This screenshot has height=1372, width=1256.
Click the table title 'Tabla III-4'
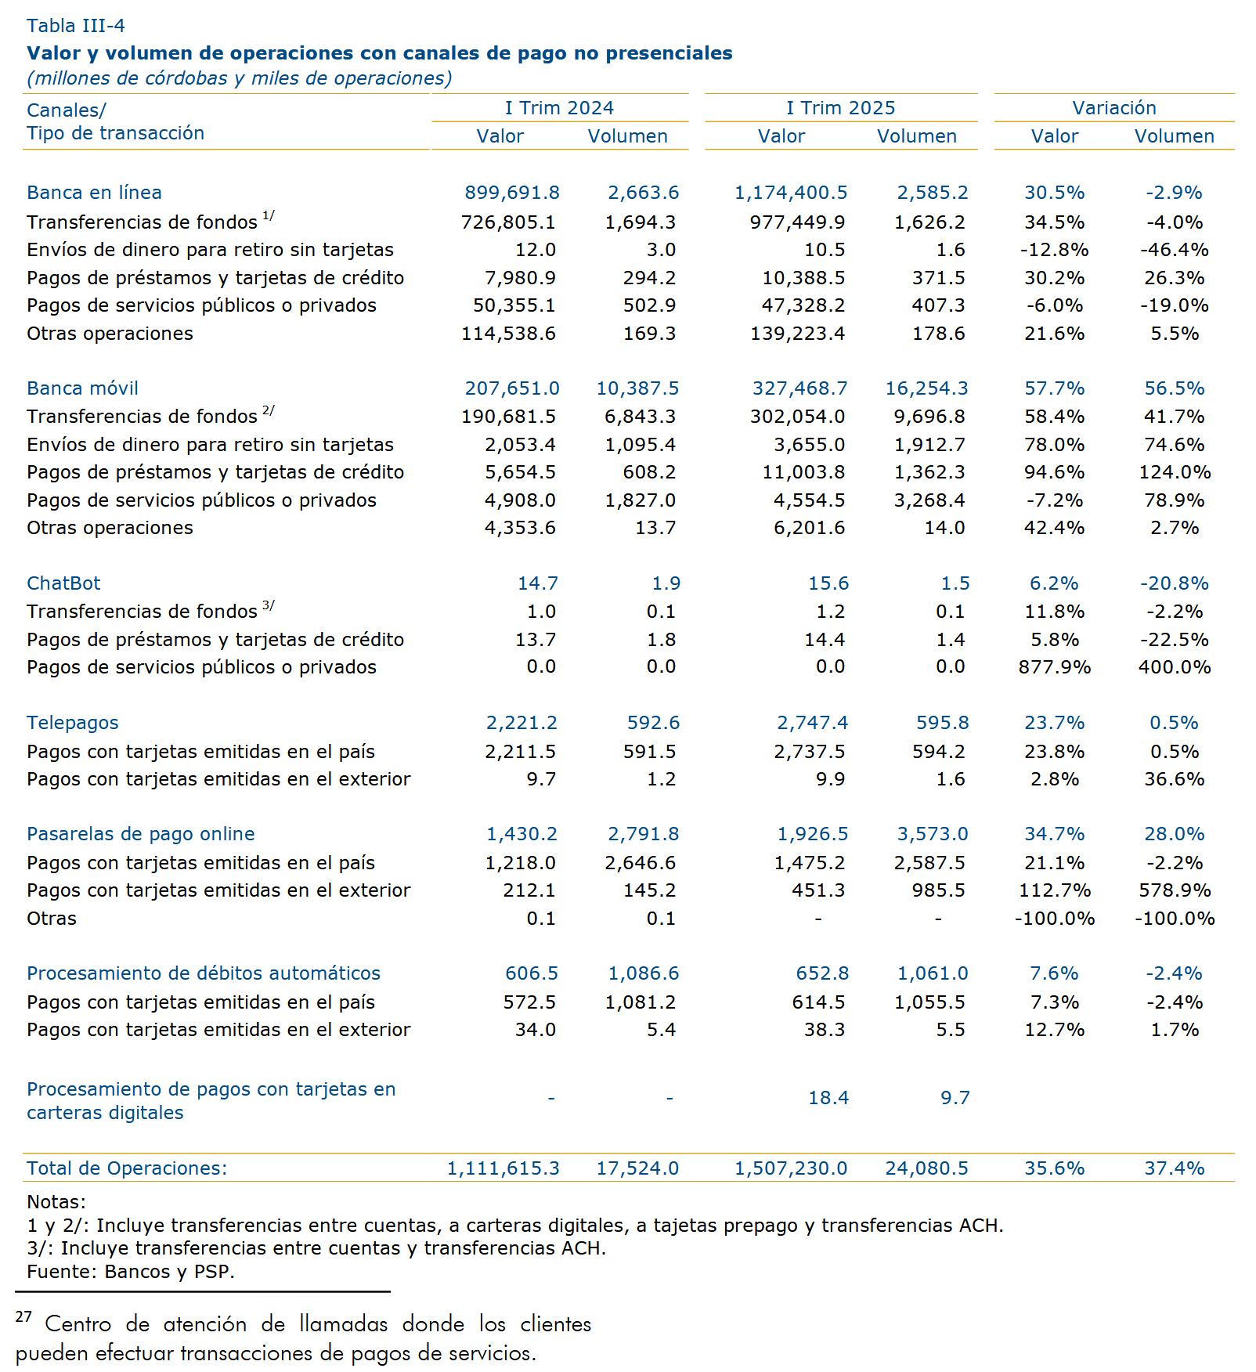(76, 26)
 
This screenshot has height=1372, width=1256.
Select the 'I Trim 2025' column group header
(841, 108)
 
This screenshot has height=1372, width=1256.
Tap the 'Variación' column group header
(1114, 108)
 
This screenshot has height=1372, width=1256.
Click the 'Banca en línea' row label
(94, 193)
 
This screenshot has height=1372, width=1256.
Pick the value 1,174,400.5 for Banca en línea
(791, 193)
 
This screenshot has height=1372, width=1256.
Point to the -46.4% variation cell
(1175, 250)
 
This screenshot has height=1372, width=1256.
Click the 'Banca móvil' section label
(82, 388)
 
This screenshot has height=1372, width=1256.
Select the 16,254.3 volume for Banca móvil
(926, 388)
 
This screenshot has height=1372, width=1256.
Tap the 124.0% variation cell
(1175, 472)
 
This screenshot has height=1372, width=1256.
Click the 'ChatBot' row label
(63, 583)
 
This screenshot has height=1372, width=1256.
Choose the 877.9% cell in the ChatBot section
(1055, 667)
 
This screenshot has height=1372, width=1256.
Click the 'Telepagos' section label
(73, 723)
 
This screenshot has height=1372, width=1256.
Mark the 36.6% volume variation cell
(1175, 779)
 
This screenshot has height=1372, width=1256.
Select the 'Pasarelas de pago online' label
(141, 834)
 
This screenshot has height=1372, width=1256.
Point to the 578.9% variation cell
(1175, 890)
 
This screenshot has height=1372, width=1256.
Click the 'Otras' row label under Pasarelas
(52, 919)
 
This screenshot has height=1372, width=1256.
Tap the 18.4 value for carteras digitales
(828, 1098)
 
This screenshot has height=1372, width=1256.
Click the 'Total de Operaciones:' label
(127, 1168)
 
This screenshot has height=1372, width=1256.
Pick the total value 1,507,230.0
(791, 1168)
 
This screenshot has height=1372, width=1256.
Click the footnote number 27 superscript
(23, 1317)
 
